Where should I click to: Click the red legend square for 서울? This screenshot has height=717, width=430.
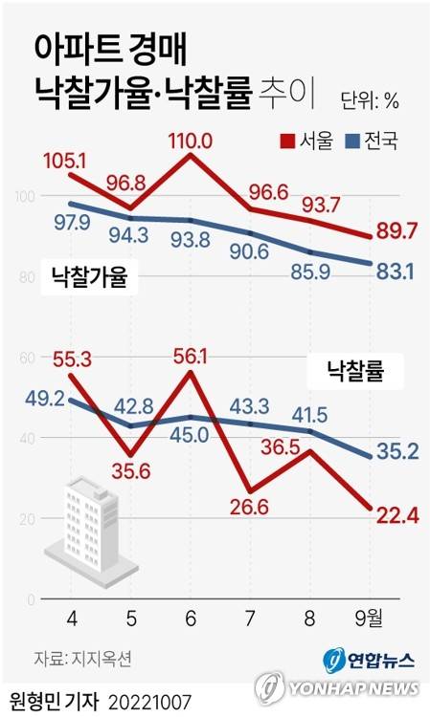coord(286,141)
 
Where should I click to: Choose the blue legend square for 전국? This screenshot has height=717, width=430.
coord(351,141)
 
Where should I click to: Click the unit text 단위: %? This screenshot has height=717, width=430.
coord(370,98)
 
